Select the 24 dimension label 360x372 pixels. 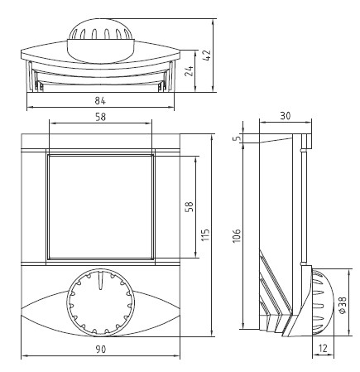[x=190, y=71]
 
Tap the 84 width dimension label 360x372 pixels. [x=100, y=101]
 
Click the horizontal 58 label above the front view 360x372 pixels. [x=100, y=117]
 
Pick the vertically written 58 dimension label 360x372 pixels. [x=190, y=206]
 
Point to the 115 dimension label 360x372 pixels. [x=205, y=234]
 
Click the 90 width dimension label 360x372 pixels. [x=101, y=350]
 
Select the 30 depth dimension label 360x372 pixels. [x=286, y=116]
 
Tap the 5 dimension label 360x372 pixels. [x=237, y=138]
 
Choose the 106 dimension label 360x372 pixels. [x=237, y=235]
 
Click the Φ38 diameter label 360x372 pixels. [x=343, y=305]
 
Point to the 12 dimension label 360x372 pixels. [x=323, y=348]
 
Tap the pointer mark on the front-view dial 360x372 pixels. [x=100, y=281]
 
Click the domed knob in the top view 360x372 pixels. [x=101, y=41]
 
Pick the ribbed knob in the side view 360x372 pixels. [x=322, y=301]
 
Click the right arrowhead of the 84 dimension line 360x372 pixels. [x=171, y=107]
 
